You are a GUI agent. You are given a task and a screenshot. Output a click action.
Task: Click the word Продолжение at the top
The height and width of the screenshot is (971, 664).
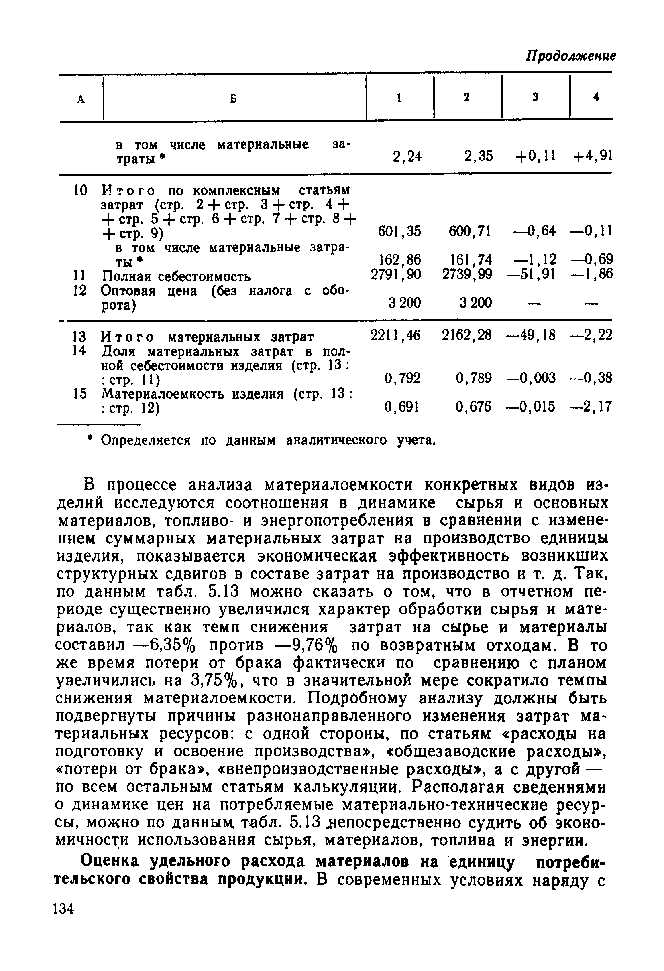(570, 56)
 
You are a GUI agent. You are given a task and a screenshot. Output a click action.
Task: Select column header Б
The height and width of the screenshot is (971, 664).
(234, 99)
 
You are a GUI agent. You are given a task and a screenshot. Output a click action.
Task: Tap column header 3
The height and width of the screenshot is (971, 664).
(536, 97)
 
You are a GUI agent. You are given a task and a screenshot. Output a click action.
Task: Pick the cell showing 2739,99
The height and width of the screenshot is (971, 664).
(467, 274)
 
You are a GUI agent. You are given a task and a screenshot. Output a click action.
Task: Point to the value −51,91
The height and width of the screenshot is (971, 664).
(532, 274)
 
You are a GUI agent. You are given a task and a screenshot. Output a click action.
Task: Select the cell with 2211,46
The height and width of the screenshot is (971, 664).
(395, 334)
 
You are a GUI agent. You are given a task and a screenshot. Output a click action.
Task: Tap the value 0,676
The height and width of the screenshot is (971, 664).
(474, 406)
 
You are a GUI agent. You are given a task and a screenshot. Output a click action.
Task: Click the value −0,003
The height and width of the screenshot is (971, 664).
(531, 378)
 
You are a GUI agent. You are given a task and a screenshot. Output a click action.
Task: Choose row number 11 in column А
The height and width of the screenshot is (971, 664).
(79, 276)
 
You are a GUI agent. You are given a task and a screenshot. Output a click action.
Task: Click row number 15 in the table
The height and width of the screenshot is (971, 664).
(79, 393)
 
